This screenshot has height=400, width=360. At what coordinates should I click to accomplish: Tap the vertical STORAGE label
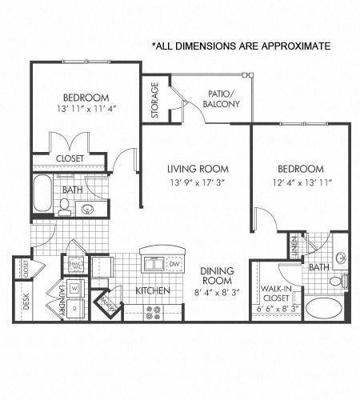pos(155,99)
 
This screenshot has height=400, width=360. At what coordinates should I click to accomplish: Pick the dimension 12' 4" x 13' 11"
pos(300,182)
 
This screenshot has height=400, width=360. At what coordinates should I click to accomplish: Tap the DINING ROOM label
pos(216,276)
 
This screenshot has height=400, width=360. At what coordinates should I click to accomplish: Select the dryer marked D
pos(74,307)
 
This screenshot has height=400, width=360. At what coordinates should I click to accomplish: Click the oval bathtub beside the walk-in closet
pos(326,309)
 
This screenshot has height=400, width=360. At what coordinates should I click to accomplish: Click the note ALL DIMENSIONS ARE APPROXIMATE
pos(241,46)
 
